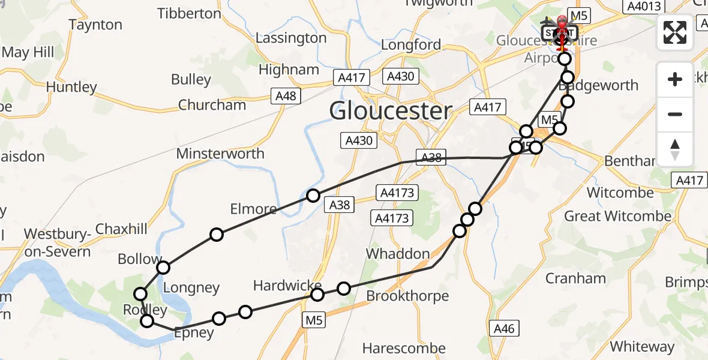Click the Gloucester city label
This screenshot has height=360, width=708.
click(x=391, y=111)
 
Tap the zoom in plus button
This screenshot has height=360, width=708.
click(x=675, y=79)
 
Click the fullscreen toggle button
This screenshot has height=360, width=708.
click(x=675, y=32)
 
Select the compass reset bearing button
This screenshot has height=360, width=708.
click(x=675, y=149)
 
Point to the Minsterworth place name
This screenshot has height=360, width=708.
click(x=220, y=154)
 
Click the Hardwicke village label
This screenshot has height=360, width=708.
click(x=287, y=286)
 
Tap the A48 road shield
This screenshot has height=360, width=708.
click(x=286, y=97)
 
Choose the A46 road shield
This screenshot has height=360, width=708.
click(x=503, y=328)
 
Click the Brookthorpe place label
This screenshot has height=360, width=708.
click(x=407, y=296)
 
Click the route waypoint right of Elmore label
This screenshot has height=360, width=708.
click(x=313, y=196)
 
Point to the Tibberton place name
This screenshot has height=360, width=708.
click(x=189, y=13)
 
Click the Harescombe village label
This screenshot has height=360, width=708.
click(x=404, y=348)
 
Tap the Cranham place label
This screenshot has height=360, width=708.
click(x=575, y=278)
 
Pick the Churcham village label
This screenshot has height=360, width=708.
click(x=212, y=105)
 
